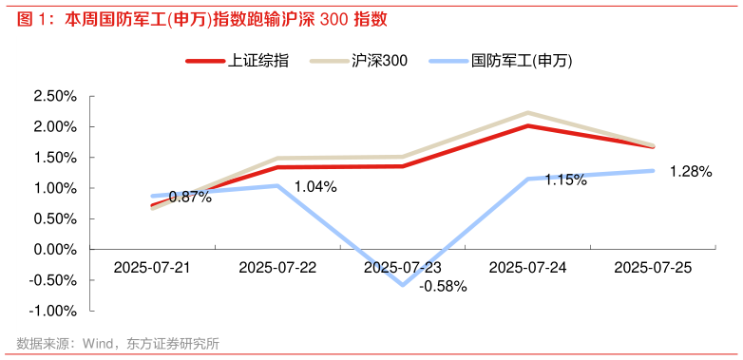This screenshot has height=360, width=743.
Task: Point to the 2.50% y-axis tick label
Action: pyautogui.click(x=54, y=96)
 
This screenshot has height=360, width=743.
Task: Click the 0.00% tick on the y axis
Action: pyautogui.click(x=54, y=249)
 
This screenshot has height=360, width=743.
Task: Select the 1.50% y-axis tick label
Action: pyautogui.click(x=54, y=158)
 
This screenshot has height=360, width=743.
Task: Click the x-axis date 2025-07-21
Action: pyautogui.click(x=152, y=268)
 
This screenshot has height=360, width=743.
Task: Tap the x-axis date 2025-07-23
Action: pyautogui.click(x=403, y=268)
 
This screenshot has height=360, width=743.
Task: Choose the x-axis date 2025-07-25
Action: pyautogui.click(x=654, y=268)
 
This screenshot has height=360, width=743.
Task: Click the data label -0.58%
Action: pyautogui.click(x=443, y=286)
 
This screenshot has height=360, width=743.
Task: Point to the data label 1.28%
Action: pyautogui.click(x=691, y=172)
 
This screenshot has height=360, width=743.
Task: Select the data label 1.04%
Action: pyautogui.click(x=315, y=186)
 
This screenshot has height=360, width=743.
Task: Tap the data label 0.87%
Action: pyautogui.click(x=190, y=197)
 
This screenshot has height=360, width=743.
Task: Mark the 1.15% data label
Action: pyautogui.click(x=565, y=180)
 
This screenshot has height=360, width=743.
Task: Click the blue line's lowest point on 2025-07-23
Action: pyautogui.click(x=403, y=284)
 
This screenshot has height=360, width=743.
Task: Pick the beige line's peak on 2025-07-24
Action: pyautogui.click(x=528, y=113)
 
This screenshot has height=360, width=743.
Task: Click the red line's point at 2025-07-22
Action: pyautogui.click(x=277, y=167)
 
